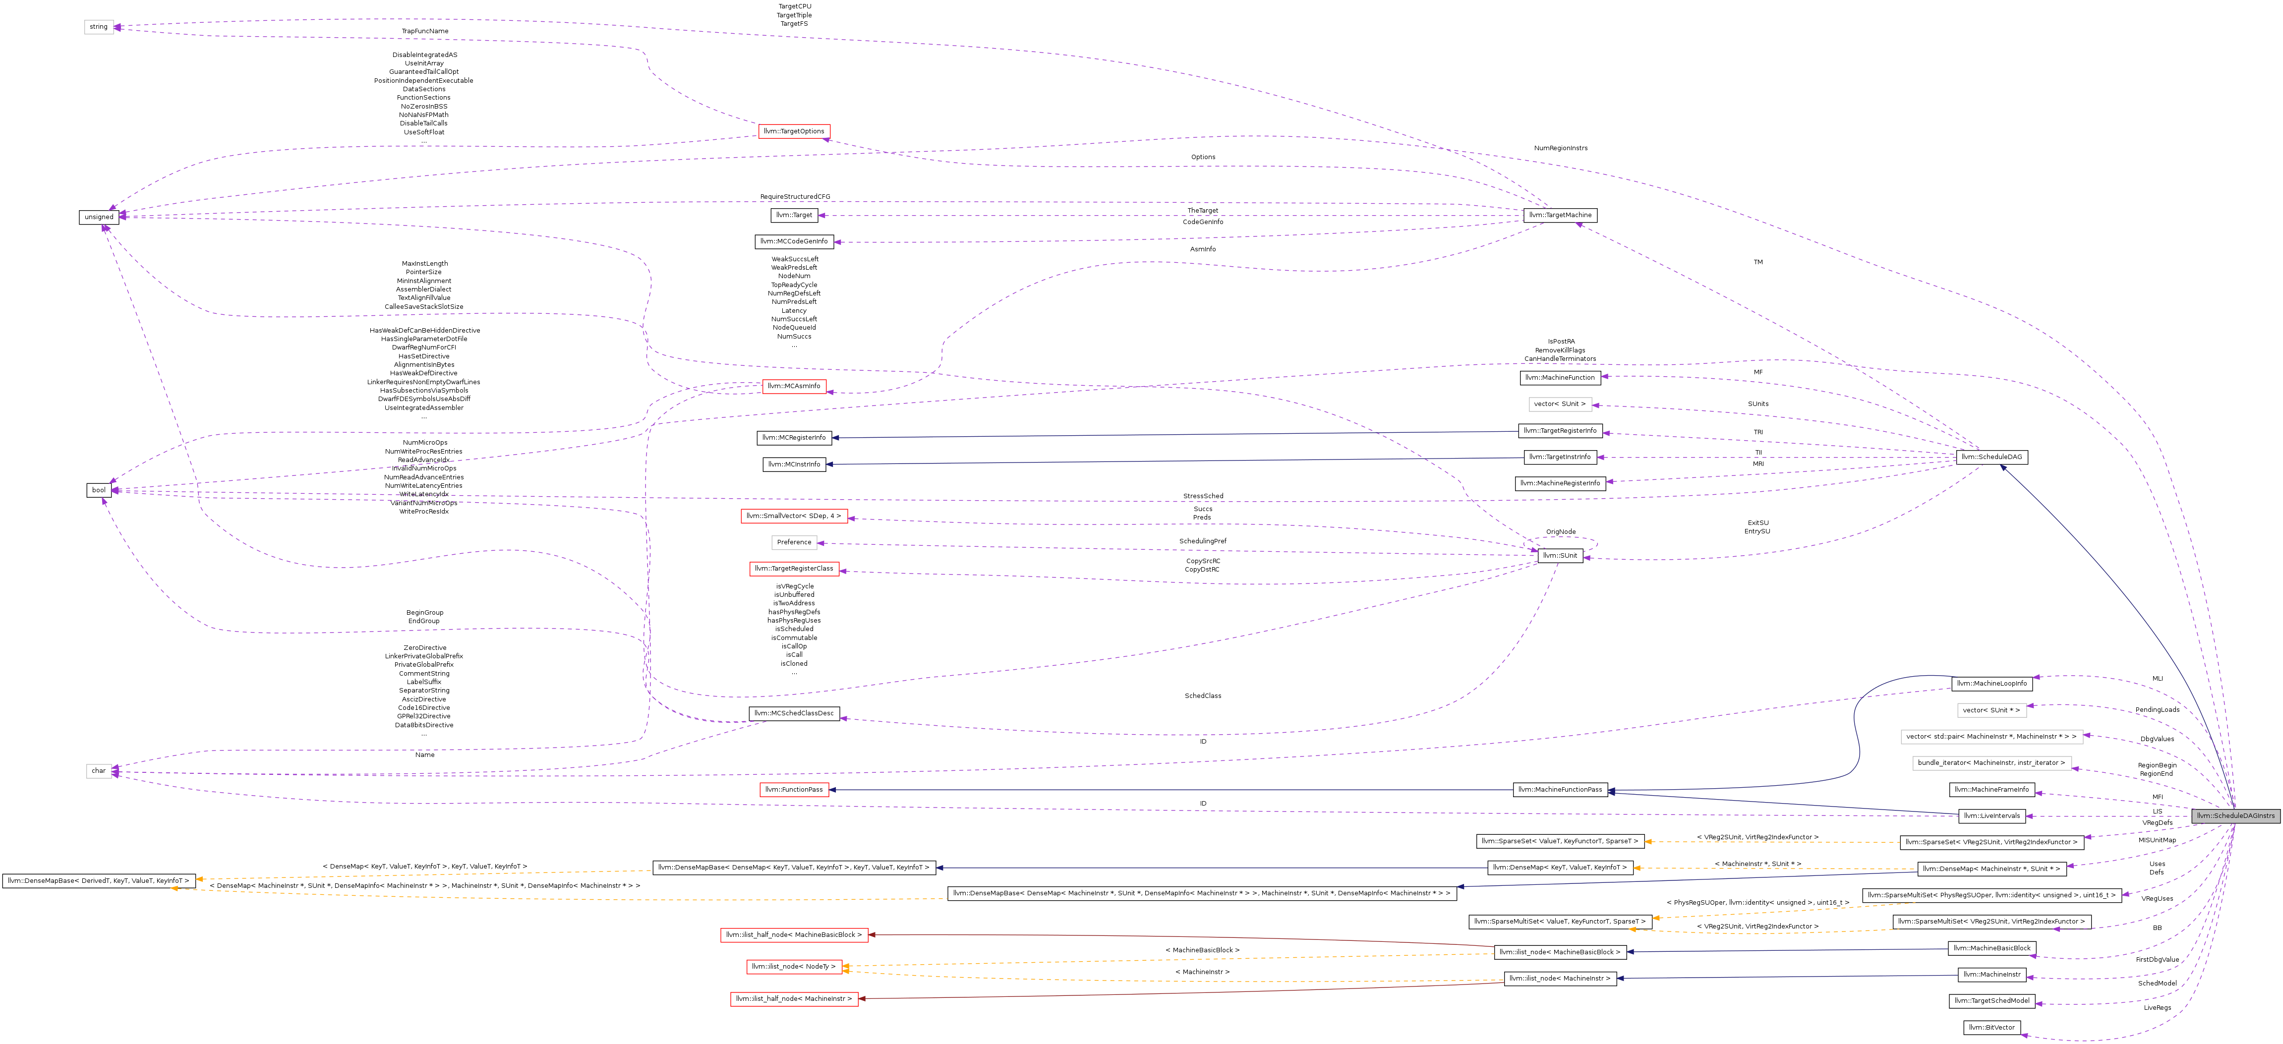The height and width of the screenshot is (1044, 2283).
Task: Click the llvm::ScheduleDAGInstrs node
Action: pyautogui.click(x=2235, y=815)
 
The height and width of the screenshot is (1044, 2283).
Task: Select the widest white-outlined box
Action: pyautogui.click(x=1991, y=737)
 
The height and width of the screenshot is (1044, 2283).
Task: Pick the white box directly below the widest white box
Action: pyautogui.click(x=1991, y=763)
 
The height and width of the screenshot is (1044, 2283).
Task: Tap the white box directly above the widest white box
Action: pyautogui.click(x=1991, y=710)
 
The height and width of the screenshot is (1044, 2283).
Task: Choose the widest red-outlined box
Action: pyautogui.click(x=794, y=935)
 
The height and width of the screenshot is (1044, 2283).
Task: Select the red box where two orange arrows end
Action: pyautogui.click(x=794, y=967)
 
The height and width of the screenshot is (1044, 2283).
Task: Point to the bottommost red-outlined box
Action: pyautogui.click(x=794, y=999)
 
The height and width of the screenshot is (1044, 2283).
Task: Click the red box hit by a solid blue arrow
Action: pyautogui.click(x=794, y=790)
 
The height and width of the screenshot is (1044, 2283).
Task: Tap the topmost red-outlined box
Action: pyautogui.click(x=794, y=131)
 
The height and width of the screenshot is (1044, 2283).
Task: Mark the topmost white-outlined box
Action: pyautogui.click(x=98, y=27)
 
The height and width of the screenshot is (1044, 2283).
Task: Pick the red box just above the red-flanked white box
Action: pyautogui.click(x=794, y=516)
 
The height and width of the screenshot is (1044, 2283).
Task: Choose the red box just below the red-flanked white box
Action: pyautogui.click(x=794, y=569)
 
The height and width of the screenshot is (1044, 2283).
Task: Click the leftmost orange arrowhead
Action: pyautogui.click(x=174, y=888)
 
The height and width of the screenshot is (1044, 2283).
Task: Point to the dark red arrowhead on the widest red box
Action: pyautogui.click(x=872, y=935)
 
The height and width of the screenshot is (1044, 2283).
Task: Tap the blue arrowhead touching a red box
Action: pyautogui.click(x=833, y=790)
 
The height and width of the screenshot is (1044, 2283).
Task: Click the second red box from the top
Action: pyautogui.click(x=794, y=386)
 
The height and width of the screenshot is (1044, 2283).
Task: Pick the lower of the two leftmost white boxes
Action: pyautogui.click(x=98, y=771)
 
